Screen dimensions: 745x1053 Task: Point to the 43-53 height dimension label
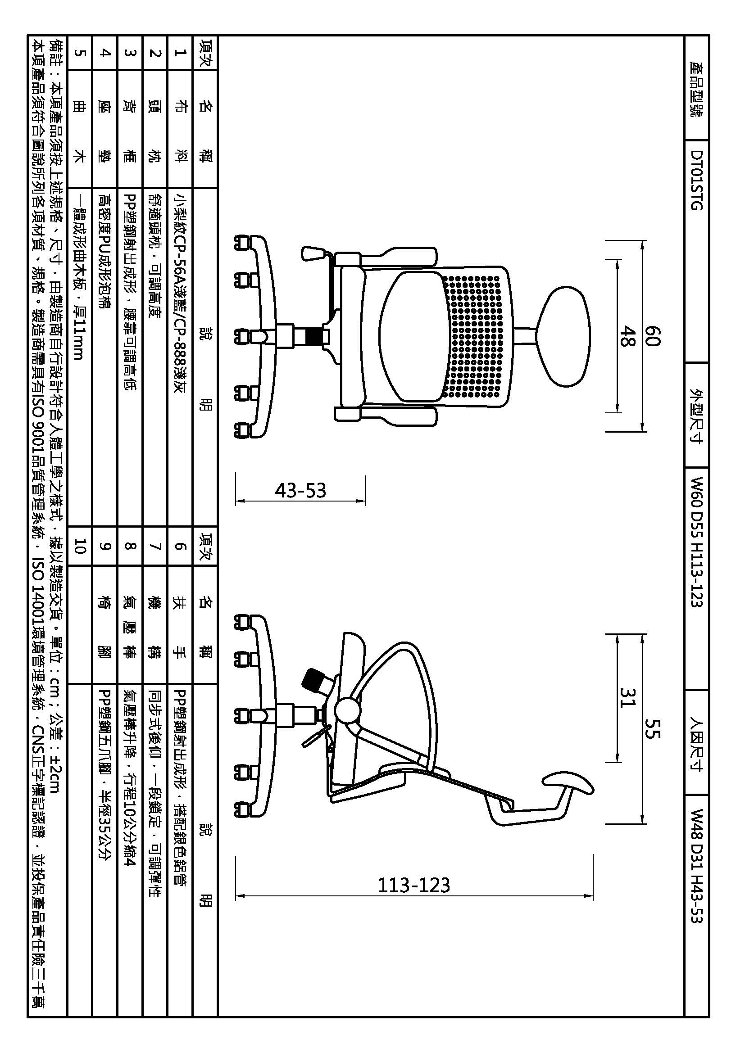pos(300,491)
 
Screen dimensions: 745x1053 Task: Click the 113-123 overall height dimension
pos(414,885)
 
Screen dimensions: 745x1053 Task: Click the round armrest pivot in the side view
pos(347,710)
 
